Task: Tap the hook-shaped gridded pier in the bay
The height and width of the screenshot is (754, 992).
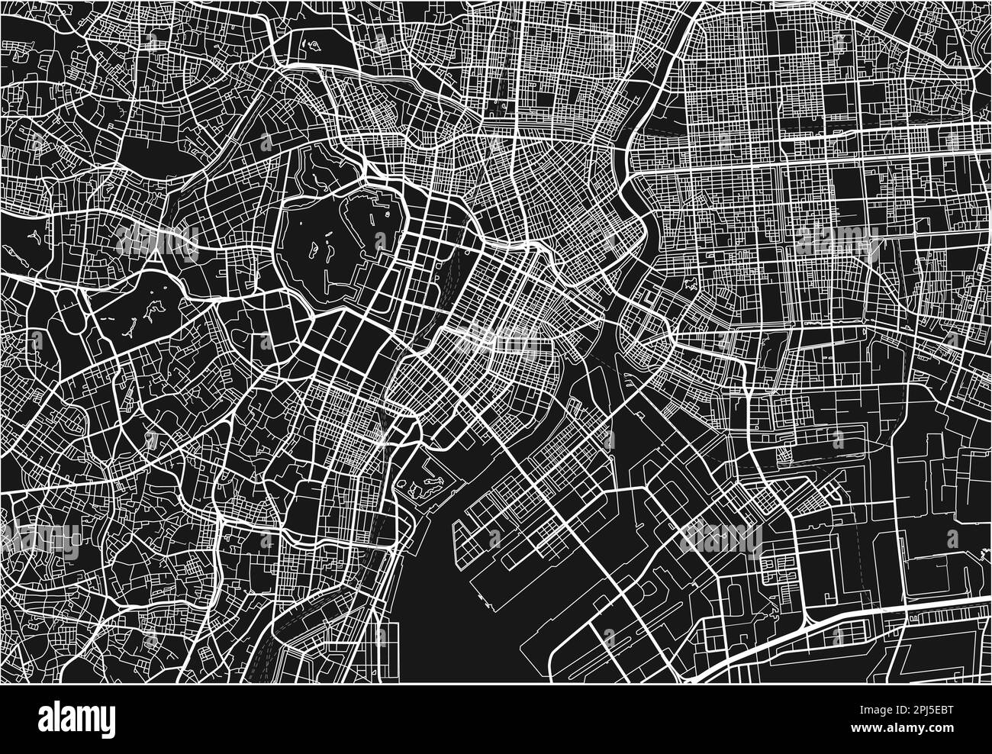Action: click(488, 534)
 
